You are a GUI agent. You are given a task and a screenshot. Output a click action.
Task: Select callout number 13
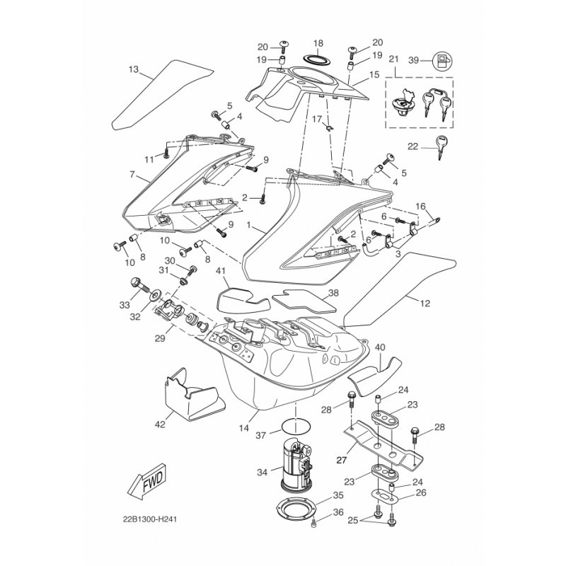point(134,69)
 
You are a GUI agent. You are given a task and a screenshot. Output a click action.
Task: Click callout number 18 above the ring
point(318,43)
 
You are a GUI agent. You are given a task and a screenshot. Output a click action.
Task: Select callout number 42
point(160,424)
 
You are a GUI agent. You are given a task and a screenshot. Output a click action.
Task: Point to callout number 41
point(220,271)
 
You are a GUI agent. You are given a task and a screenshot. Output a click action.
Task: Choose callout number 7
point(132,173)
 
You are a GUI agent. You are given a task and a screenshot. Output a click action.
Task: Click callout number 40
point(380,347)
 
